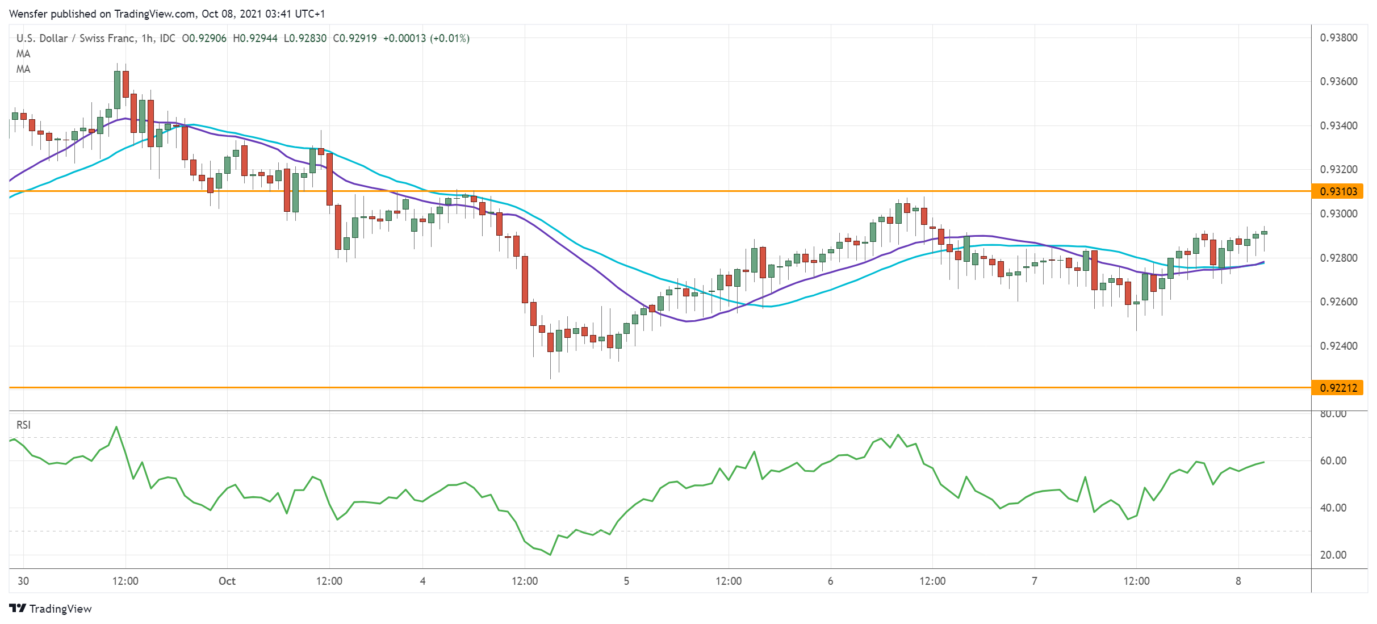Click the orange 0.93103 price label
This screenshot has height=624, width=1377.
pos(1338,191)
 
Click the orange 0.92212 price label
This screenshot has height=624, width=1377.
pos(1338,388)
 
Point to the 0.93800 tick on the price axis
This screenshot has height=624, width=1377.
pos(1338,38)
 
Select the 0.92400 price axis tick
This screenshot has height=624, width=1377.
pos(1338,346)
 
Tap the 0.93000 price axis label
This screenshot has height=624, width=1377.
pos(1338,213)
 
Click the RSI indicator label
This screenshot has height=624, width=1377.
pos(23,425)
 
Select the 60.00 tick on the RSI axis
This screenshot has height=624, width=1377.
pos(1333,460)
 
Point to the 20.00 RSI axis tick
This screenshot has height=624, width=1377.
pos(1333,555)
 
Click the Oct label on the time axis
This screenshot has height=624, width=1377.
pos(227,581)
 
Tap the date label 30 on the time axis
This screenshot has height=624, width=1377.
pos(23,581)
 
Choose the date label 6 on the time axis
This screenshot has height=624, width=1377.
pos(830,581)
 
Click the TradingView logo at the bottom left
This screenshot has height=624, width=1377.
pos(51,609)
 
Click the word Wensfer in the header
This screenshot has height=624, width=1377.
pos(27,14)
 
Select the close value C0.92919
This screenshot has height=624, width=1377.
pos(354,39)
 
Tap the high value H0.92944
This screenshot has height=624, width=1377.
pos(255,39)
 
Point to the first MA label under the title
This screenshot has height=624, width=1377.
pos(23,54)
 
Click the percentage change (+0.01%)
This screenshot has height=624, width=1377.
pos(449,39)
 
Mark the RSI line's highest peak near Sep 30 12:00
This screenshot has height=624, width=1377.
pos(116,426)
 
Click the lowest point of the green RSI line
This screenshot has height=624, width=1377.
pos(550,555)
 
